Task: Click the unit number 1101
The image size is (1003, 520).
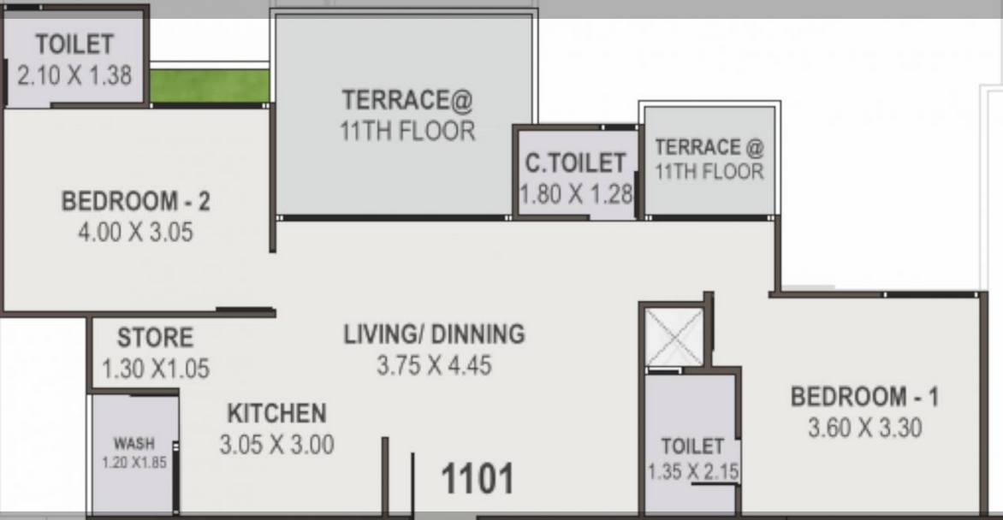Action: coord(478,479)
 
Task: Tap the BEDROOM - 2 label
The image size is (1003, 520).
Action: coord(135,202)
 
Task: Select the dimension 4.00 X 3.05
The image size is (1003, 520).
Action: coord(135,232)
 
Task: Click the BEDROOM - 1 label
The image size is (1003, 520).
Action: coord(865,397)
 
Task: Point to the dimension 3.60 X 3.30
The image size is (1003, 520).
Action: coord(865,428)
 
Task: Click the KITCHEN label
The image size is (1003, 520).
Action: coord(277,414)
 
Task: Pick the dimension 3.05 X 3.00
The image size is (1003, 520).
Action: coord(277,445)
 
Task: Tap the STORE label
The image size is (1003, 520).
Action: coord(156,338)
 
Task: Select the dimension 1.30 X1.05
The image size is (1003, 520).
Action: coord(156,369)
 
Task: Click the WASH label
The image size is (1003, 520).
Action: coord(134,443)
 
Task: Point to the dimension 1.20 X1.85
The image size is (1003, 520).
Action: coord(134,462)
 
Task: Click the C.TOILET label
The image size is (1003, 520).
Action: coord(575,163)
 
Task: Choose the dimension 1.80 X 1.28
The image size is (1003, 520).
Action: coord(576,194)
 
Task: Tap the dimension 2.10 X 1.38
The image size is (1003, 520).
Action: coord(74,75)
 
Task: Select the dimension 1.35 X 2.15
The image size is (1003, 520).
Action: coord(693,472)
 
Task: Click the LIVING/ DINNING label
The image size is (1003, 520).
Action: coord(435,334)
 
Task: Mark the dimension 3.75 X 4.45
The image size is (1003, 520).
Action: coord(435,366)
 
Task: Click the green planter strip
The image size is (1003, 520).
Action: coord(209,86)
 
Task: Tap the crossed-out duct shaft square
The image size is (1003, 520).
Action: coord(674,337)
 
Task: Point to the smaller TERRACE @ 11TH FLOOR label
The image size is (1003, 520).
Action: coord(709,159)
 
